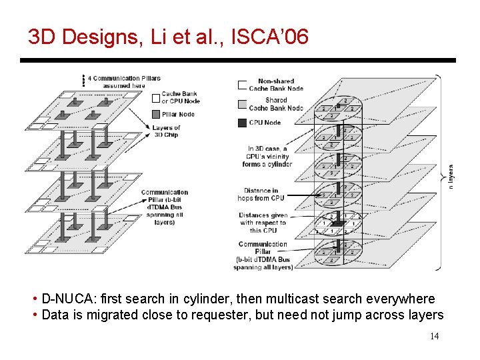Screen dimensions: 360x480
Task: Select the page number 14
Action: [x=434, y=337]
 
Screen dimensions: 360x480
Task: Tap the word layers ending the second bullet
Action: [x=425, y=315]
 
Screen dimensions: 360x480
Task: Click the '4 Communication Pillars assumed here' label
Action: [x=124, y=81]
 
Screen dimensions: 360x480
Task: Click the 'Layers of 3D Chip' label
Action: [x=166, y=131]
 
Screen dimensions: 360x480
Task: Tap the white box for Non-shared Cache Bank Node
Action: [x=243, y=85]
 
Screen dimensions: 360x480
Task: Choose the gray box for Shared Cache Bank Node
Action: [x=243, y=103]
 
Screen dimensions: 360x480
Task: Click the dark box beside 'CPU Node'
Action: [x=243, y=122]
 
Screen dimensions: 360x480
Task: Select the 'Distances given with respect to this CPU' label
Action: [x=263, y=223]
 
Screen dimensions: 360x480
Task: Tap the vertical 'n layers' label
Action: [x=450, y=177]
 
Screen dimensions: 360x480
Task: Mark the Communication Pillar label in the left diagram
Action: [x=164, y=207]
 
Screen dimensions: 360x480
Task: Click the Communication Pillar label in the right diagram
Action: [x=263, y=255]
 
